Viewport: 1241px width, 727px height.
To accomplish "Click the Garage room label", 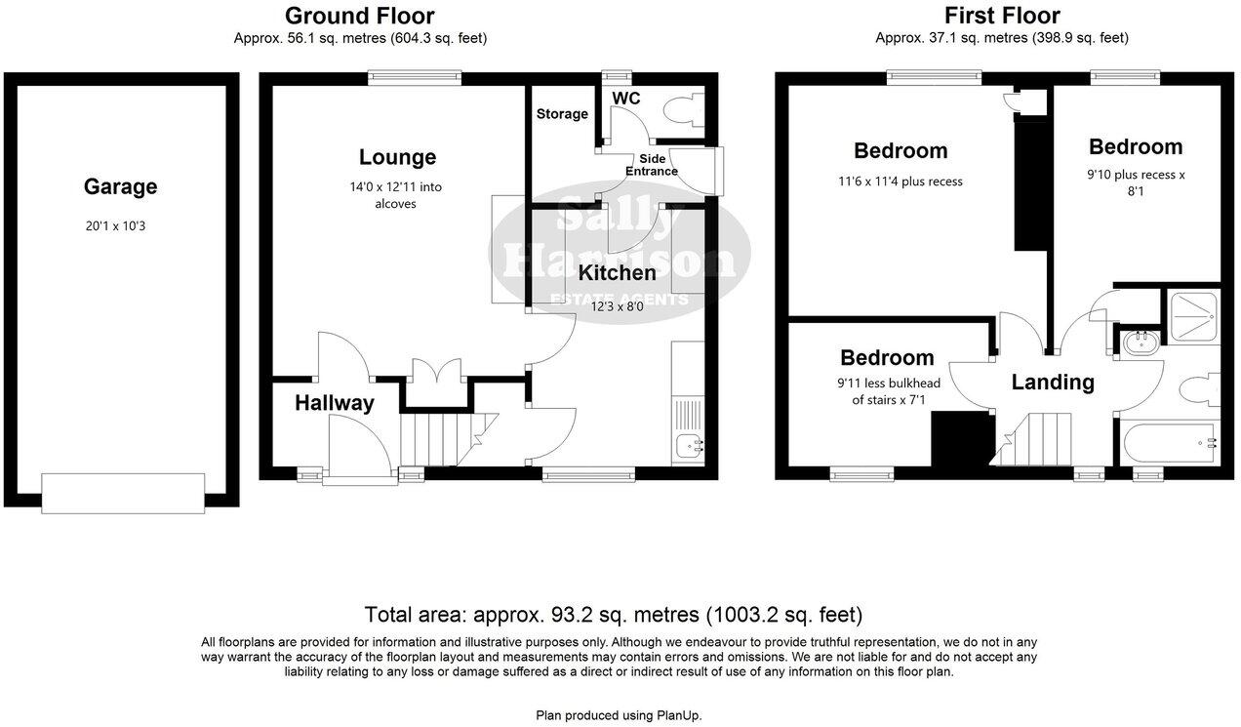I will (x=120, y=186).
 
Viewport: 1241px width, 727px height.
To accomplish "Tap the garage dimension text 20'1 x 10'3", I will (x=120, y=225).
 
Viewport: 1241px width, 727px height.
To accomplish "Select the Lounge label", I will (x=397, y=157).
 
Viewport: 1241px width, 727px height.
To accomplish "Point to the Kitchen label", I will (x=617, y=272).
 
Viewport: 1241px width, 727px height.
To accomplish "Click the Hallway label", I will (x=335, y=403).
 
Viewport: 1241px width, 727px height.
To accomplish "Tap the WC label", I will (x=625, y=99).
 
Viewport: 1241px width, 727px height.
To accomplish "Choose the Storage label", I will (x=562, y=114).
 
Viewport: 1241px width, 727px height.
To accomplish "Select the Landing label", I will (x=1052, y=383).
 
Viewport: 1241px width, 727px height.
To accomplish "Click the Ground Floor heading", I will (x=359, y=16).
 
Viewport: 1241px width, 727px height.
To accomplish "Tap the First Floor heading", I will (x=1002, y=16).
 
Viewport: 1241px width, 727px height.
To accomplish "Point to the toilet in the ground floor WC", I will (x=687, y=111).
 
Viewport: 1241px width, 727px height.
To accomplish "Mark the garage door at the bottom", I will (x=123, y=493).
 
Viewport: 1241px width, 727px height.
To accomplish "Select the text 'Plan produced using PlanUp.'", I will (x=619, y=715).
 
